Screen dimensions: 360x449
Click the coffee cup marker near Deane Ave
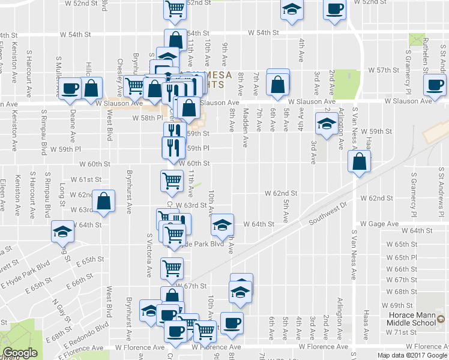click(71, 88)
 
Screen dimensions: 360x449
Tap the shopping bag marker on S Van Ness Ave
click(359, 162)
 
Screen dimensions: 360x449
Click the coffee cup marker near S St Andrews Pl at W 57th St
click(434, 85)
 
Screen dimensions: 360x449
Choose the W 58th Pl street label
click(144, 118)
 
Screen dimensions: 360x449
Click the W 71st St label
click(402, 332)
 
